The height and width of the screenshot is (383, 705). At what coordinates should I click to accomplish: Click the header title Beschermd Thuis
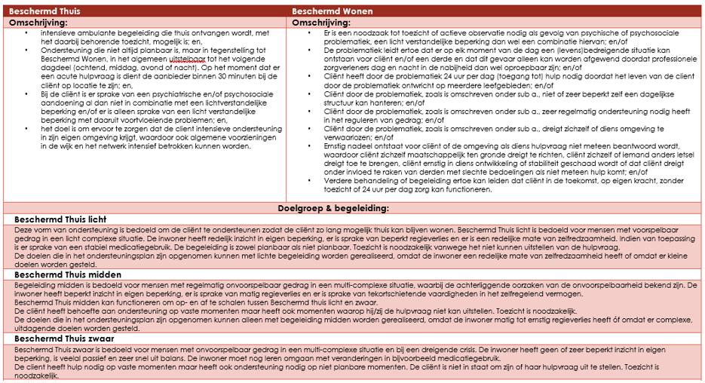pos(43,12)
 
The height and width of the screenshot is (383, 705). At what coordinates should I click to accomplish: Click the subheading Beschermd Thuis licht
pos(60,219)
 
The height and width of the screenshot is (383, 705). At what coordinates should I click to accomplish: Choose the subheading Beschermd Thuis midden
pos(68,276)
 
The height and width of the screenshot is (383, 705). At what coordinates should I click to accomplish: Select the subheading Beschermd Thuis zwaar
pos(65,339)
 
